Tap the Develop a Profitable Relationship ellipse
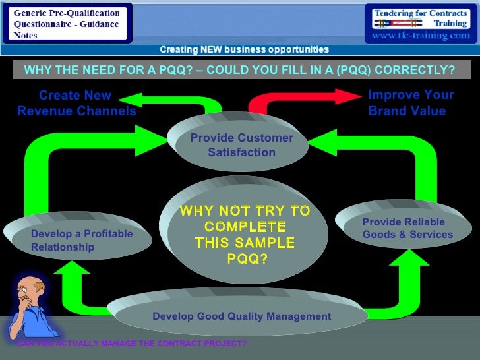click(78, 237)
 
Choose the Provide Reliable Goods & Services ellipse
click(404, 227)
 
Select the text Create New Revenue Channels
click(76, 104)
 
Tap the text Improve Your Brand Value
click(410, 103)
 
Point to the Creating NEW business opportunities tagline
click(244, 49)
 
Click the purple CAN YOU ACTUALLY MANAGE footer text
click(132, 344)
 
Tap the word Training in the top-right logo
click(450, 23)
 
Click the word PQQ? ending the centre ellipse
click(247, 258)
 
